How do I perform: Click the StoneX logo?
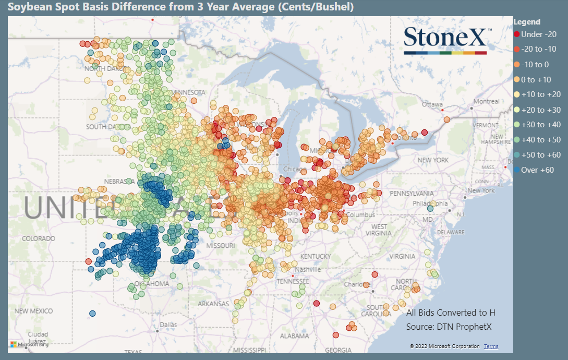(x=446, y=40)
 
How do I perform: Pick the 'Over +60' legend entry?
(x=533, y=170)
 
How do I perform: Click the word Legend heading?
(x=527, y=22)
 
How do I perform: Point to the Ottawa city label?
(x=432, y=104)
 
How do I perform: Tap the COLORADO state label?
(x=38, y=238)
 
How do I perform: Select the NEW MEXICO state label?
(x=33, y=311)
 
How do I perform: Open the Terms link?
(x=491, y=346)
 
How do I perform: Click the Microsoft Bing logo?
(x=30, y=344)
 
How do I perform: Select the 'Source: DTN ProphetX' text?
(x=449, y=327)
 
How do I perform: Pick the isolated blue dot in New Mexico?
(x=92, y=314)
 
